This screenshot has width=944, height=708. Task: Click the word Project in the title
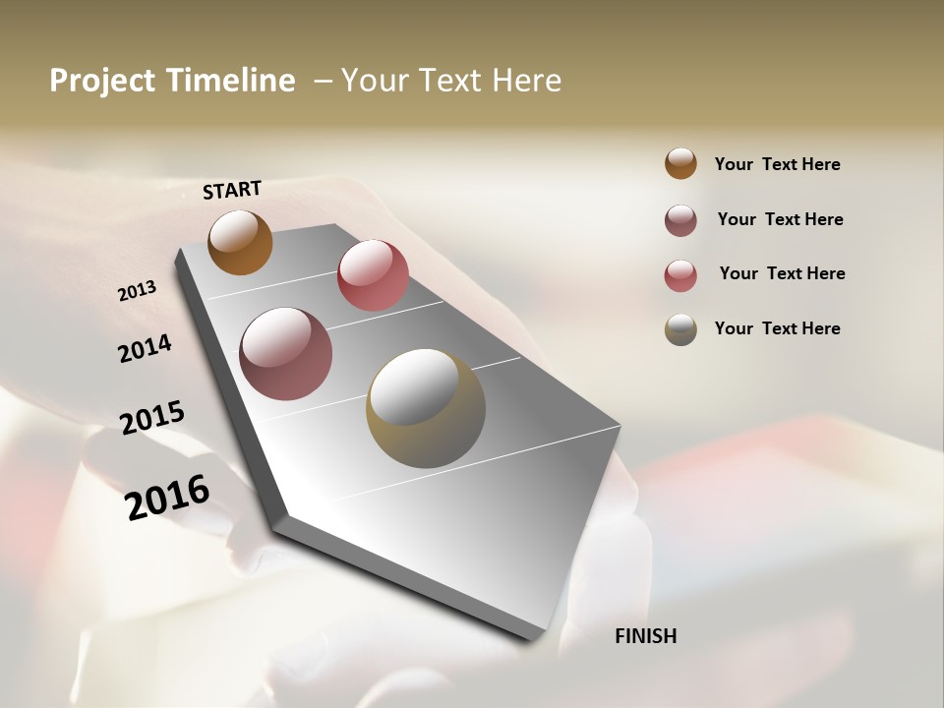click(x=101, y=81)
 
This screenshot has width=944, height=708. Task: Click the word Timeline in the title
click(x=228, y=81)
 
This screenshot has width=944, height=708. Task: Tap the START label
click(x=232, y=190)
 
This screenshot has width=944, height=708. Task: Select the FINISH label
click(x=646, y=636)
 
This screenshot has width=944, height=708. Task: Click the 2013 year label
click(x=138, y=291)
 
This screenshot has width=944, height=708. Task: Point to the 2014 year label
click(x=145, y=348)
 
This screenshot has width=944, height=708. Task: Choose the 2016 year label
click(x=167, y=498)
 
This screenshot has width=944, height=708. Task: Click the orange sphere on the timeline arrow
click(x=240, y=242)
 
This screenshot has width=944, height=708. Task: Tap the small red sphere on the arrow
click(x=373, y=275)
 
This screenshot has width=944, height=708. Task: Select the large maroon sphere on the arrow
click(x=286, y=354)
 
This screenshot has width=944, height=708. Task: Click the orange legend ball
click(x=680, y=163)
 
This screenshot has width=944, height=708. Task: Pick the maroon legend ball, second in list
click(x=680, y=220)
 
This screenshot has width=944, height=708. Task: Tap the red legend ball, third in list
click(x=680, y=275)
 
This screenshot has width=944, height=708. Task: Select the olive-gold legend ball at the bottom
click(x=680, y=329)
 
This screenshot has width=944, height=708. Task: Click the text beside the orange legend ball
click(x=778, y=164)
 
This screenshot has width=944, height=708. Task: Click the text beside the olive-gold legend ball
click(x=778, y=328)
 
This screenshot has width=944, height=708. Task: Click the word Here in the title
click(x=526, y=81)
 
